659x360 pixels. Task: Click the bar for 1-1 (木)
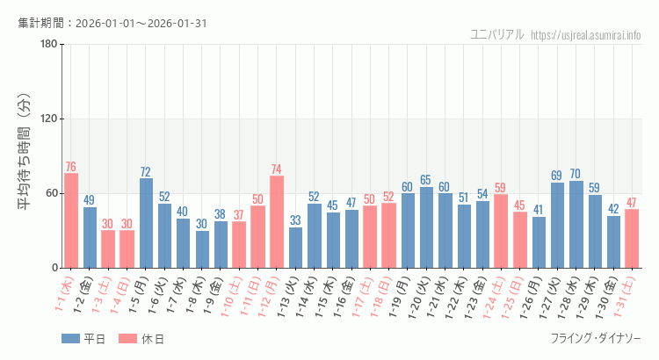pyautogui.click(x=71, y=220)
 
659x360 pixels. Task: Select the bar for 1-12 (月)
pyautogui.click(x=277, y=222)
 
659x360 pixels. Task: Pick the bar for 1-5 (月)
pyautogui.click(x=146, y=223)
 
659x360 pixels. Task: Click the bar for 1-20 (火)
pyautogui.click(x=426, y=227)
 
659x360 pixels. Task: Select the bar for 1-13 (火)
pyautogui.click(x=295, y=248)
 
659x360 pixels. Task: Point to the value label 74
pyautogui.click(x=277, y=169)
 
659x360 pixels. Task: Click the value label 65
pyautogui.click(x=426, y=180)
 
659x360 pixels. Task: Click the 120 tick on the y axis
pyautogui.click(x=48, y=119)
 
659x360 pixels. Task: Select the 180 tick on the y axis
pyautogui.click(x=48, y=45)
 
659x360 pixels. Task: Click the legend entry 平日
pyautogui.click(x=83, y=339)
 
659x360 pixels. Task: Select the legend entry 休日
pyautogui.click(x=141, y=339)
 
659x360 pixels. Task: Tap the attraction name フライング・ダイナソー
pyautogui.click(x=595, y=339)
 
